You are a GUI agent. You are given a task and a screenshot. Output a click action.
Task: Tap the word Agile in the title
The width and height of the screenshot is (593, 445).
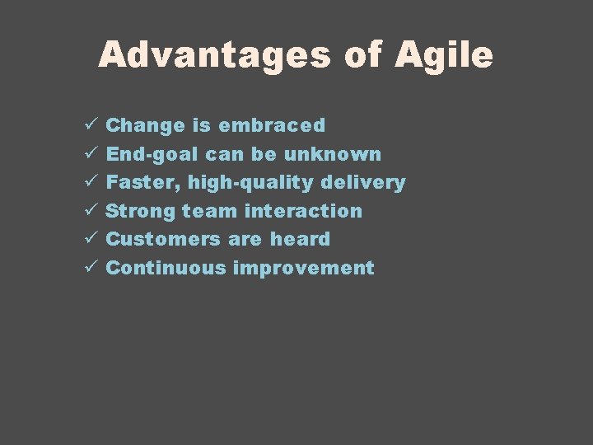click(x=443, y=55)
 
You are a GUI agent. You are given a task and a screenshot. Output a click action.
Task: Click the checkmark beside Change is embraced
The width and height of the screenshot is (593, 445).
click(x=91, y=125)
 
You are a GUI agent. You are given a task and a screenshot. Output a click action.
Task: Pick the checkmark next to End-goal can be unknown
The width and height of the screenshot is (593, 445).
click(x=91, y=154)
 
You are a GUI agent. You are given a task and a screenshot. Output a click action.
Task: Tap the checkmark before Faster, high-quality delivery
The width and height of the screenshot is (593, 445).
click(x=91, y=182)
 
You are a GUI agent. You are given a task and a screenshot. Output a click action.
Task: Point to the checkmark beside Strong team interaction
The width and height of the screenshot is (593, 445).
click(x=91, y=211)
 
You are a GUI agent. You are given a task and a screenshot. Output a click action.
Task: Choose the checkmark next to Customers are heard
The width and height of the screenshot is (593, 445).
click(x=91, y=239)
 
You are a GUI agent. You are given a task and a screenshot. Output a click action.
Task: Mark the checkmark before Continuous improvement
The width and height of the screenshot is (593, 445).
click(x=91, y=268)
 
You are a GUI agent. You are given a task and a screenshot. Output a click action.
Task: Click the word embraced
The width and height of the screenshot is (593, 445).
click(x=272, y=126)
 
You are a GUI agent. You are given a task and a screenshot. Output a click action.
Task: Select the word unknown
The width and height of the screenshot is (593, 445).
click(x=334, y=154)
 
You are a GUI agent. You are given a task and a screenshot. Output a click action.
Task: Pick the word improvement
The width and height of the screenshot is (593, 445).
click(x=304, y=269)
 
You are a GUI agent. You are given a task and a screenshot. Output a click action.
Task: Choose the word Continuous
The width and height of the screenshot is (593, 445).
click(x=166, y=268)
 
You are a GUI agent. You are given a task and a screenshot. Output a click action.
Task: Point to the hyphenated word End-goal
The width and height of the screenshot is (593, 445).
click(x=153, y=155)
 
